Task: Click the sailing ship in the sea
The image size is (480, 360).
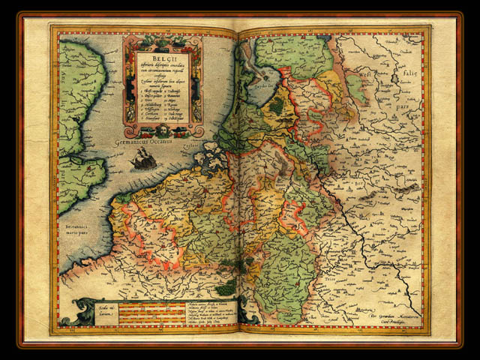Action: tap(143, 157)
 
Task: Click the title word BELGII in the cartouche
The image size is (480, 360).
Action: tap(163, 56)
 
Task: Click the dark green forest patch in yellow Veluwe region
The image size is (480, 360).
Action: tap(277, 106)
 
